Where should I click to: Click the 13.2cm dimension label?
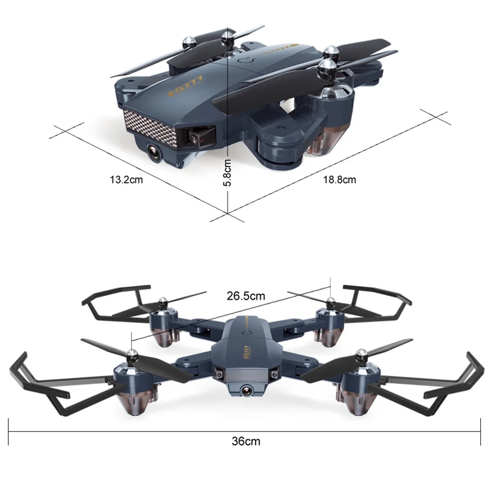(127, 180)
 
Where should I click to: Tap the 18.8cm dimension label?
(339, 180)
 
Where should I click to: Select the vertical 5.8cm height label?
(228, 172)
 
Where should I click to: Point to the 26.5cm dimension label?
(246, 296)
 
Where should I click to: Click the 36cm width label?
(246, 441)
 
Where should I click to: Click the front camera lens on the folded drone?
(155, 152)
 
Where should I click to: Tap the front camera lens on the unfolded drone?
(246, 391)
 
